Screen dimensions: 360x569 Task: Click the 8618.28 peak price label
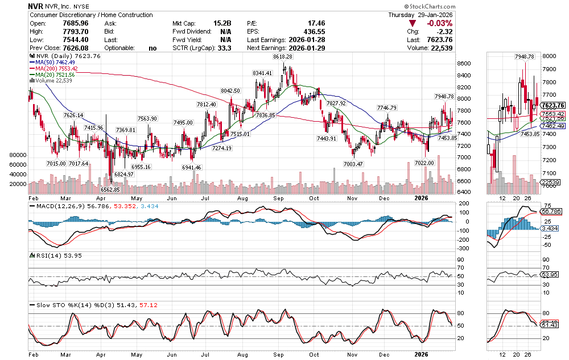click(283, 57)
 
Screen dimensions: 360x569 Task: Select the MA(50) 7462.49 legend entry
click(56, 63)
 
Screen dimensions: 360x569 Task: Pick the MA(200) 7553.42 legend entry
click(57, 68)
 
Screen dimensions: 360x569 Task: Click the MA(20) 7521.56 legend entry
click(56, 75)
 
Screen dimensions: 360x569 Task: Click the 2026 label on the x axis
click(421, 197)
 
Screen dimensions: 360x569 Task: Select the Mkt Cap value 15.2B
click(222, 23)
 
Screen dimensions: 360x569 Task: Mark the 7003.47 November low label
click(353, 164)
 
